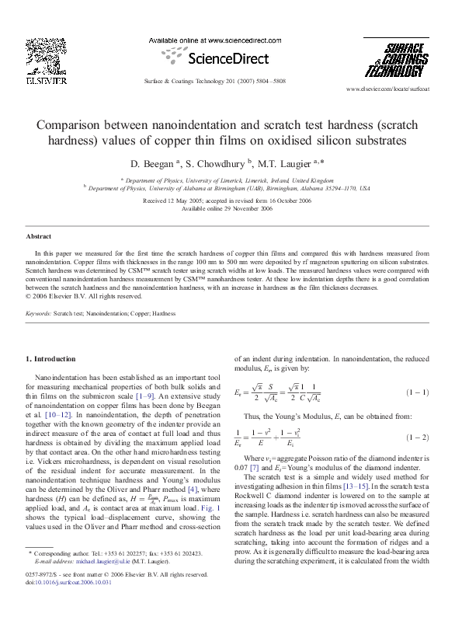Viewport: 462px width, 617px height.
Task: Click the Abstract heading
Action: [39, 235]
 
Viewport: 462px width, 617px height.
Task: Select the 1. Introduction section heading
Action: [51, 359]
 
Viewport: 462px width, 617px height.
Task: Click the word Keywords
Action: [38, 313]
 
